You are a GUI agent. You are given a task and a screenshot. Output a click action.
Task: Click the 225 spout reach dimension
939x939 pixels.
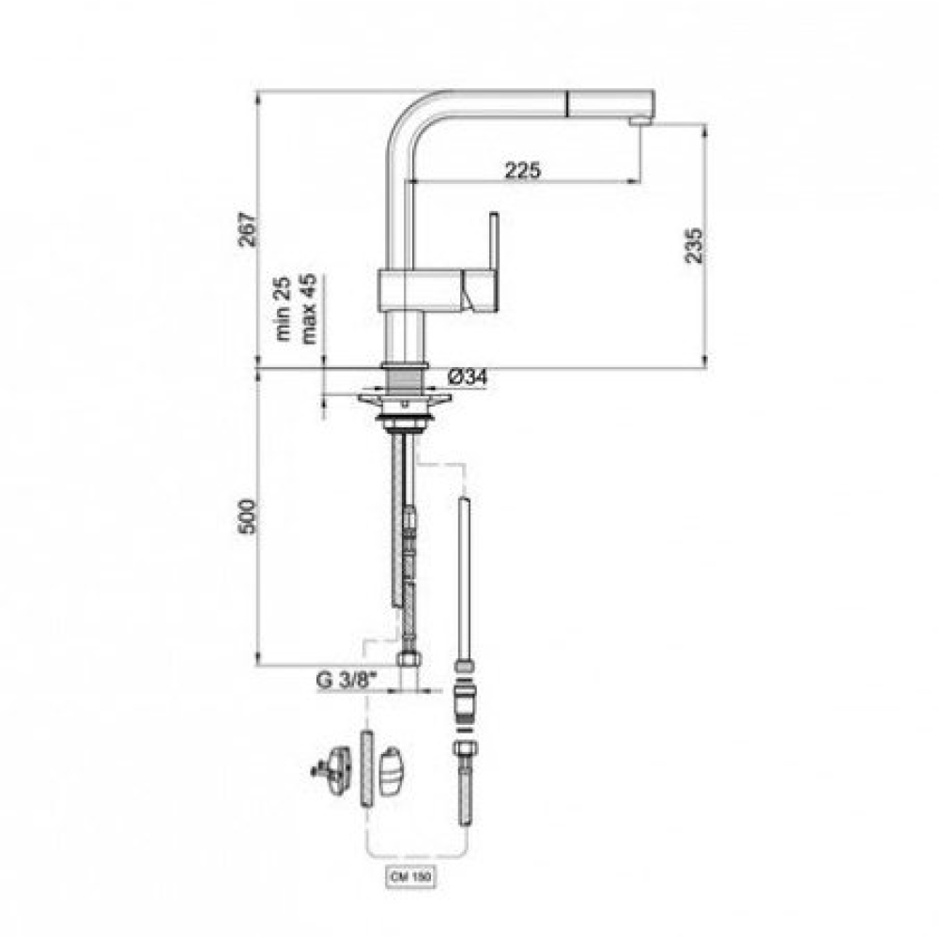pos(523,171)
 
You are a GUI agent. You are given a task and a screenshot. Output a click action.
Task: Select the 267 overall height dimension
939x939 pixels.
pos(248,229)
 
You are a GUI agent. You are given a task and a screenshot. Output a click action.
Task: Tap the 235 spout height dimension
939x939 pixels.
pos(694,244)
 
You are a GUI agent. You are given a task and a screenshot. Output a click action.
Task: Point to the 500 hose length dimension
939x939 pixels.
pos(247,516)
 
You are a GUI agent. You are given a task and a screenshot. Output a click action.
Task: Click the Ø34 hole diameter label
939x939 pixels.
pos(468,377)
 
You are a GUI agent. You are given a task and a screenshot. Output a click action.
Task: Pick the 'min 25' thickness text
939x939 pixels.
pos(282,308)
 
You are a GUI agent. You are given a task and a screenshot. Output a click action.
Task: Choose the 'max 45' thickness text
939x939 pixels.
pos(308,309)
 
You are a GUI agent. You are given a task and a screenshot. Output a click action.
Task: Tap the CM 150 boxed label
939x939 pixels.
pos(411,878)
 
